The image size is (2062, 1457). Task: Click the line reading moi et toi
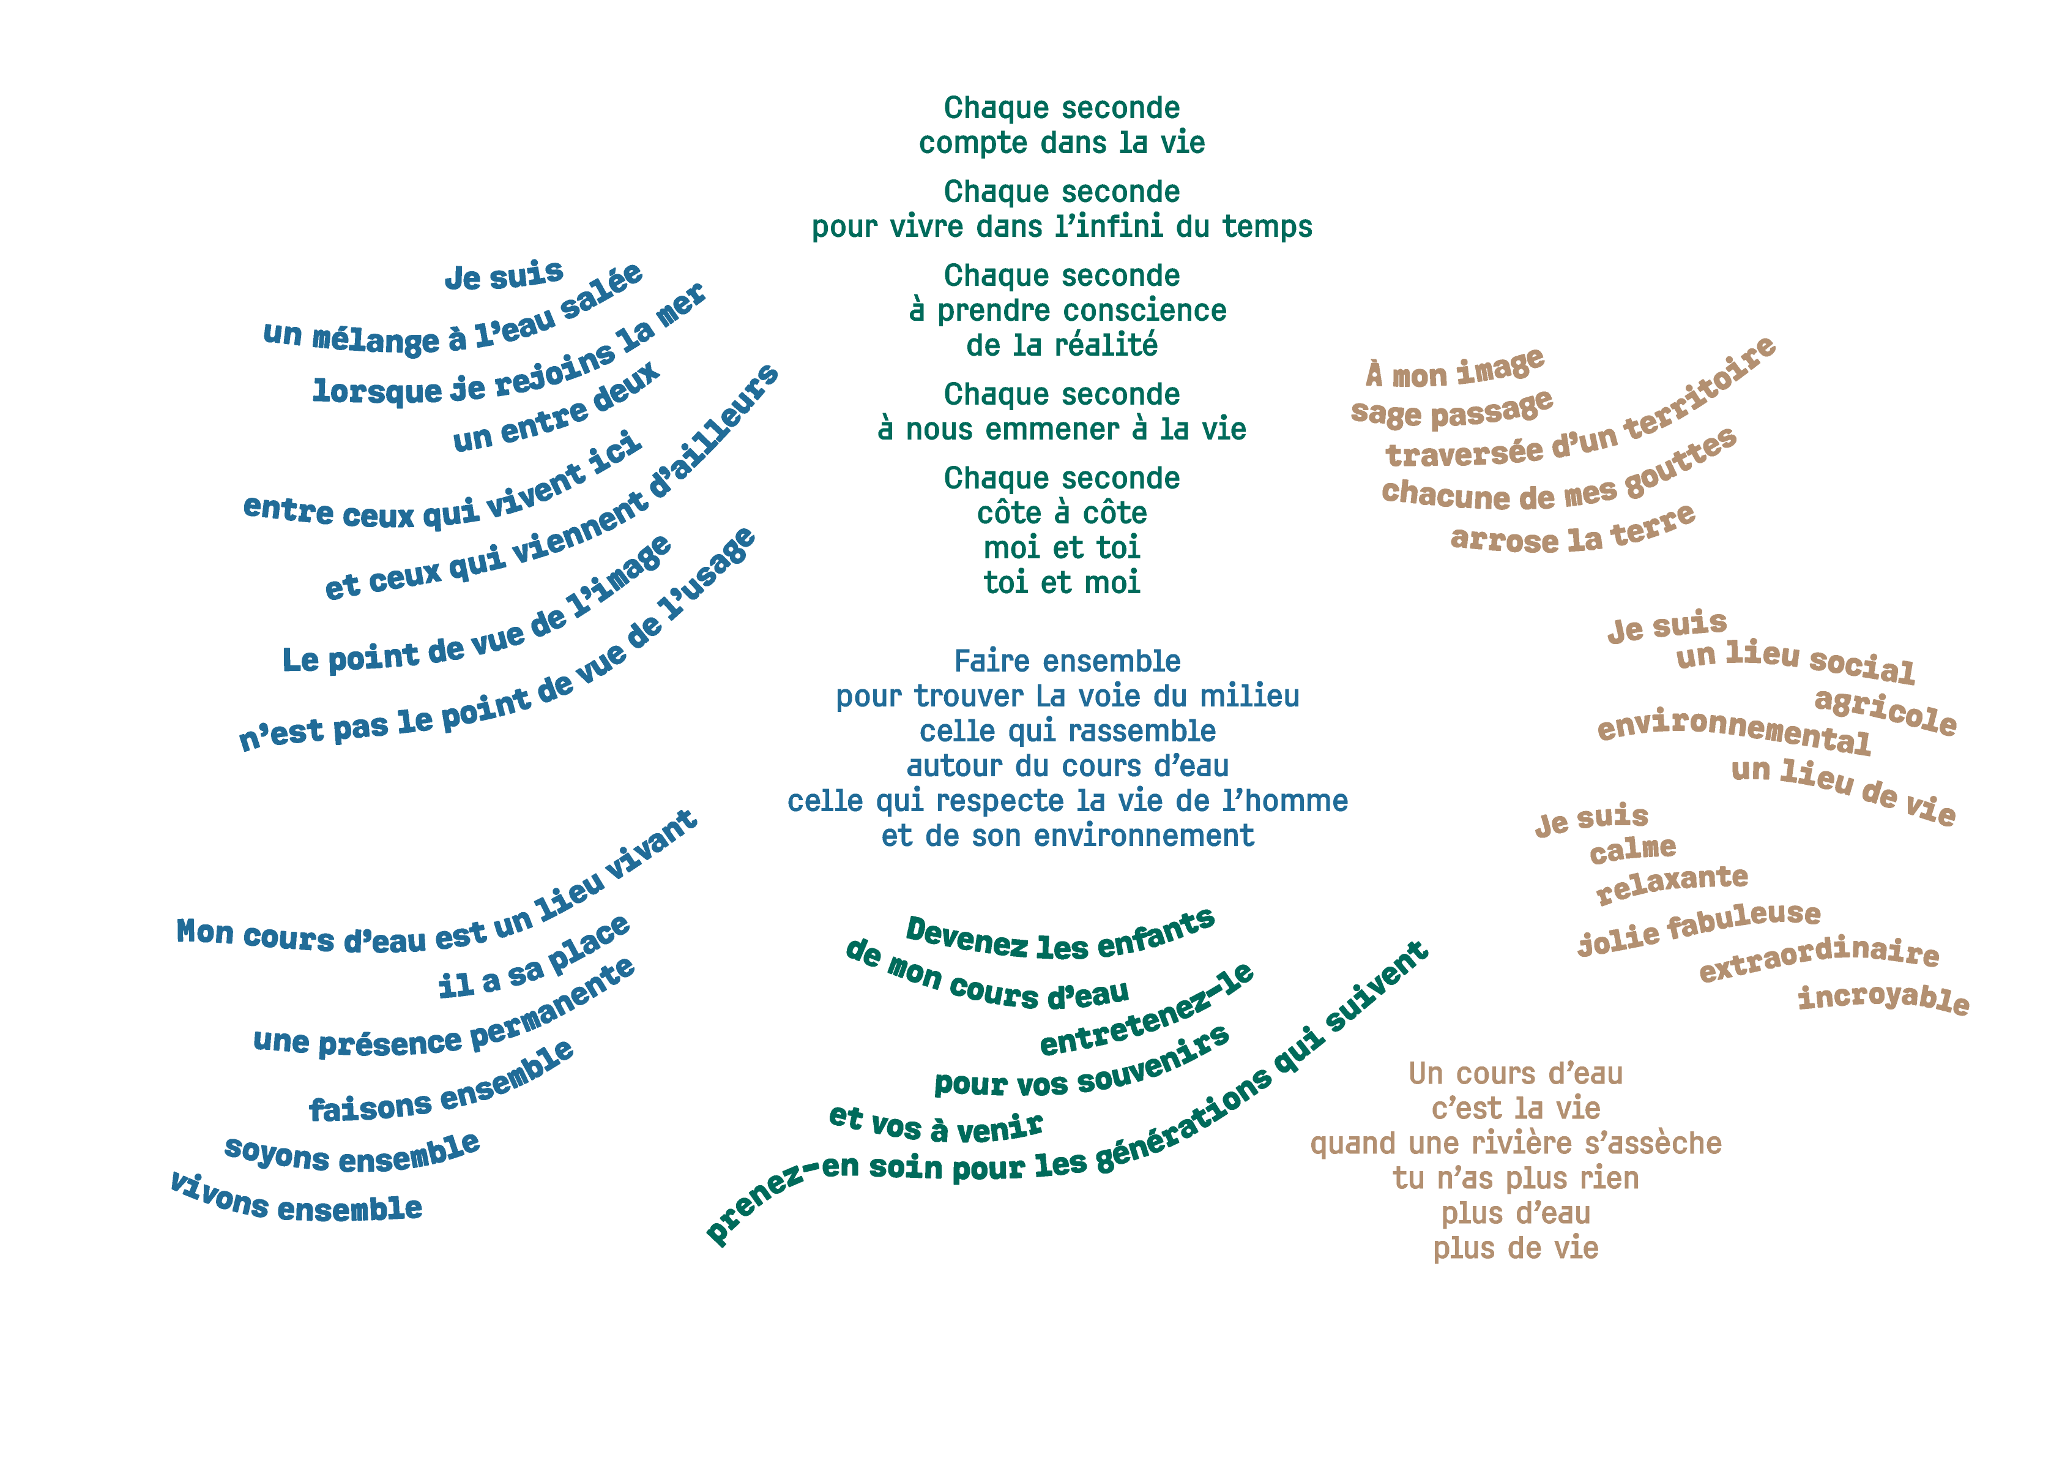1062,548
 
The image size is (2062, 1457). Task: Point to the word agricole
1885,711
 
